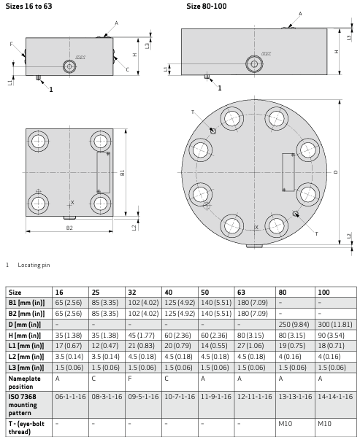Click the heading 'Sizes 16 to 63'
[28, 6]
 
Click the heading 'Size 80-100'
[207, 6]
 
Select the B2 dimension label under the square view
[69, 228]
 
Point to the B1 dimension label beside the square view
[122, 173]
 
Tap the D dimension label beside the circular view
[336, 172]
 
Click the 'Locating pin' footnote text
[34, 265]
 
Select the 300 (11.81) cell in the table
[335, 325]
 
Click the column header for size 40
[168, 292]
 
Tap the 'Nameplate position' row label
[25, 382]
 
